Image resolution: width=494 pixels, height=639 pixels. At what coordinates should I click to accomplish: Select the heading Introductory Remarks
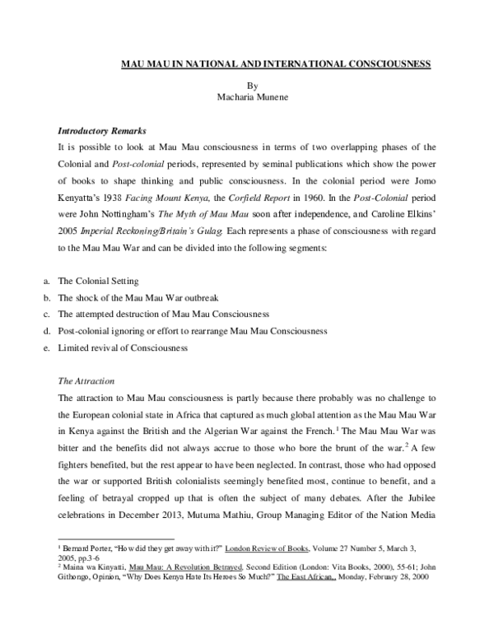coord(102,131)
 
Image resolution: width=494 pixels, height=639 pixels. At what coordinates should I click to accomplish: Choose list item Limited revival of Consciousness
coord(123,347)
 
